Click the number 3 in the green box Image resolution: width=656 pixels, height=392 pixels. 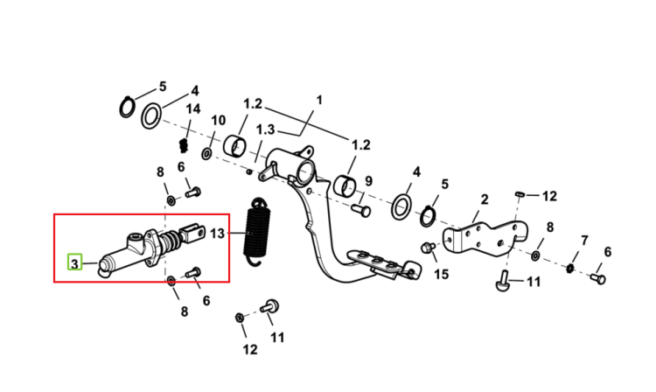click(x=74, y=264)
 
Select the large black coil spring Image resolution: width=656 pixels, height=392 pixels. click(x=256, y=231)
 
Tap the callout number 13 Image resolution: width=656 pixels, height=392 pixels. click(x=217, y=233)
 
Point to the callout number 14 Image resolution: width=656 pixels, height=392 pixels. click(x=193, y=109)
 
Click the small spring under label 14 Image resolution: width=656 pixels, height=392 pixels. click(x=183, y=145)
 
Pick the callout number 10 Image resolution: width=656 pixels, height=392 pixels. click(x=218, y=121)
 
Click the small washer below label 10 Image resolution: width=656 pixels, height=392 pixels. click(x=206, y=153)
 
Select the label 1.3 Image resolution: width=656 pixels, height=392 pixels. click(x=265, y=129)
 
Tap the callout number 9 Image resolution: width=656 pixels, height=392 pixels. click(x=368, y=181)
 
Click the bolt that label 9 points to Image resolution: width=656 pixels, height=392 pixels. click(x=360, y=210)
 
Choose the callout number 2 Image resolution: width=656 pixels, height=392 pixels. click(x=485, y=199)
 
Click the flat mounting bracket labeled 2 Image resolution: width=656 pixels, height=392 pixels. click(x=485, y=239)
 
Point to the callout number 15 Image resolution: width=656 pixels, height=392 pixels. click(x=441, y=275)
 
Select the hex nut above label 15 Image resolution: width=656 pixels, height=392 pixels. click(x=427, y=248)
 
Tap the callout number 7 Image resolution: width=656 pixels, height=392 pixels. click(x=584, y=241)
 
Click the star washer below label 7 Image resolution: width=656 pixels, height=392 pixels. click(x=569, y=268)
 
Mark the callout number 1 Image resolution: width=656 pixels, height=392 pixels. click(x=319, y=101)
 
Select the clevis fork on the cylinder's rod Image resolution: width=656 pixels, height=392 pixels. click(x=192, y=234)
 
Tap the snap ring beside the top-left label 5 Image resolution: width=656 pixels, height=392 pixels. click(x=127, y=107)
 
